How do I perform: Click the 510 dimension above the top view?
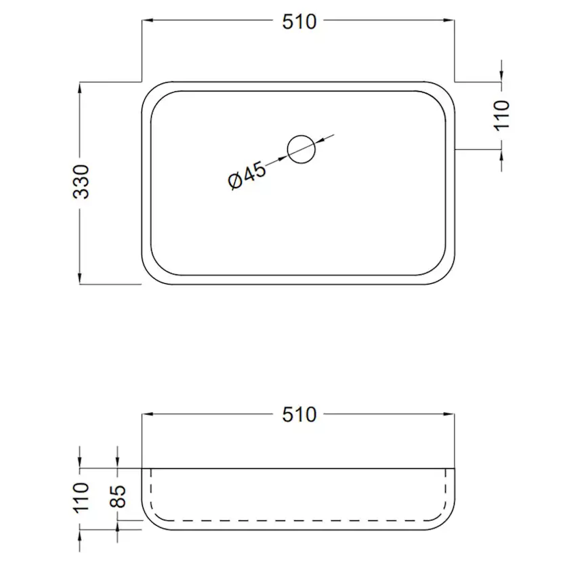[299, 22]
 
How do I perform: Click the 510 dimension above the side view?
[299, 414]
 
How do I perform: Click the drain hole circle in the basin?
[302, 149]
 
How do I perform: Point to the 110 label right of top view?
[501, 115]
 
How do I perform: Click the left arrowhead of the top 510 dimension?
[146, 22]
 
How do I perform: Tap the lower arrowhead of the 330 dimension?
[81, 279]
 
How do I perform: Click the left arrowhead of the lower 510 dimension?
[146, 414]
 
